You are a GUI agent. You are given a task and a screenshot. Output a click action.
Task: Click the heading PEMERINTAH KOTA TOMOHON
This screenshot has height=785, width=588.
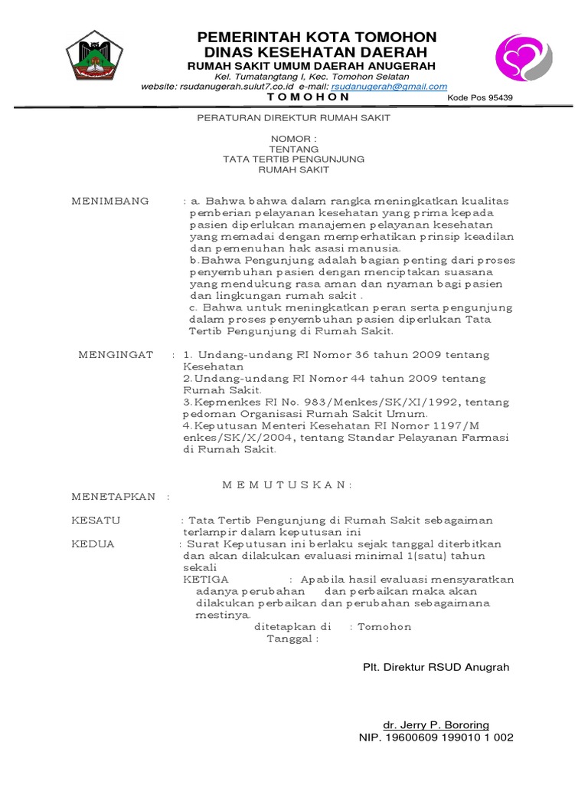317,38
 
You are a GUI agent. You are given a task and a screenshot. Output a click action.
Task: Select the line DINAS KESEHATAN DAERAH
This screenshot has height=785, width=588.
317,52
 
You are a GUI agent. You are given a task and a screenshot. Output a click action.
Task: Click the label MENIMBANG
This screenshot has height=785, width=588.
110,201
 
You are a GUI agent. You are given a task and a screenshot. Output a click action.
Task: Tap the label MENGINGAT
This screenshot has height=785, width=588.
116,355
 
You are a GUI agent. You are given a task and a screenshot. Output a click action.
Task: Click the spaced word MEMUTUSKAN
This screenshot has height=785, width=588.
288,484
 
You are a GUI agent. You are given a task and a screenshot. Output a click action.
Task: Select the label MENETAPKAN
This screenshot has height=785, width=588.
113,496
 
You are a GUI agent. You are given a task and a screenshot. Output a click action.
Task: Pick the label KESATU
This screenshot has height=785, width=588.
96,521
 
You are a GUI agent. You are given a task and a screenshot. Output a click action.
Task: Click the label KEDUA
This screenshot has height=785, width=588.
93,544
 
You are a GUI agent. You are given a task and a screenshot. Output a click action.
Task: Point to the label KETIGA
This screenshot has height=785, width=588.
206,580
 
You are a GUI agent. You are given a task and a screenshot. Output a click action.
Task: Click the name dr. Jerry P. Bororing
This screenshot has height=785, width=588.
436,724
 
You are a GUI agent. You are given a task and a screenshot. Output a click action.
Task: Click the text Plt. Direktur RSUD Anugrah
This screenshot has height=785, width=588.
436,667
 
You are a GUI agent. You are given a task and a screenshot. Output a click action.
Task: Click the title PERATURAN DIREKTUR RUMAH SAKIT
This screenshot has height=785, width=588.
294,118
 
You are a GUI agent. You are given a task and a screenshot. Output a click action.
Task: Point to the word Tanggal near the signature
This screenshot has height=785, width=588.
289,639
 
